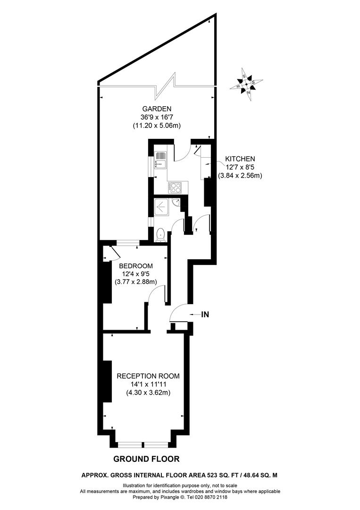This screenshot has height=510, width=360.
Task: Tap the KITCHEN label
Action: click(240, 159)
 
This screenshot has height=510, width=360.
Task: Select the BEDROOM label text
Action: click(136, 265)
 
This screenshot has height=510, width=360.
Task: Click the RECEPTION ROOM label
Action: click(148, 376)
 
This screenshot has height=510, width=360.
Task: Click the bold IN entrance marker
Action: click(205, 314)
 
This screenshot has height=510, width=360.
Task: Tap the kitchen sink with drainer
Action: click(160, 160)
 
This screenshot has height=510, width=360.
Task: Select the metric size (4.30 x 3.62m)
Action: click(148, 392)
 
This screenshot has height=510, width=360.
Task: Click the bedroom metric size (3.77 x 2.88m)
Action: click(136, 282)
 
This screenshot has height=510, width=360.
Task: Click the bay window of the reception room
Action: click(143, 444)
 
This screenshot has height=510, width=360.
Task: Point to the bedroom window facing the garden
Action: click(128, 243)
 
